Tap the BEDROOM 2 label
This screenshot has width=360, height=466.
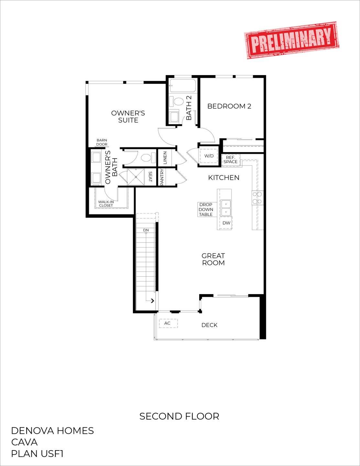pyautogui.click(x=229, y=106)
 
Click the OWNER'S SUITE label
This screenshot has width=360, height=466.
pyautogui.click(x=128, y=116)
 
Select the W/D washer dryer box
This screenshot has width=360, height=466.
pyautogui.click(x=209, y=156)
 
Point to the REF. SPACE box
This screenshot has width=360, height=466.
pyautogui.click(x=231, y=160)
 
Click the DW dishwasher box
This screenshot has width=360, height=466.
pyautogui.click(x=226, y=223)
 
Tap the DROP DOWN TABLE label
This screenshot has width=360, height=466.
pyautogui.click(x=206, y=209)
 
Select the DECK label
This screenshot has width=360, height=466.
pyautogui.click(x=209, y=325)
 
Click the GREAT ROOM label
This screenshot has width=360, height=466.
pyautogui.click(x=213, y=259)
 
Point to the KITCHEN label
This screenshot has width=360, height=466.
pyautogui.click(x=224, y=177)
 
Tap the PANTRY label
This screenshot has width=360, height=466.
pyautogui.click(x=162, y=177)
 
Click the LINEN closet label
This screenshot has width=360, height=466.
pyautogui.click(x=165, y=158)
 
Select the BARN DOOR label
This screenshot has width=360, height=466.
pyautogui.click(x=102, y=142)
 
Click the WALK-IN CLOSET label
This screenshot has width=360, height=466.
pyautogui.click(x=106, y=204)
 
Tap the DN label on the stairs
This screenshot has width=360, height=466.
pyautogui.click(x=146, y=230)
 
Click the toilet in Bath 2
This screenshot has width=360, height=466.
pyautogui.click(x=178, y=101)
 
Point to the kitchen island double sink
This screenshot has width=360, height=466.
pyautogui.click(x=226, y=208)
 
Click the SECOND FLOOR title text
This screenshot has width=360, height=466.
pyautogui.click(x=179, y=416)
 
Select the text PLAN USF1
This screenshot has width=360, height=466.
pyautogui.click(x=37, y=454)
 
